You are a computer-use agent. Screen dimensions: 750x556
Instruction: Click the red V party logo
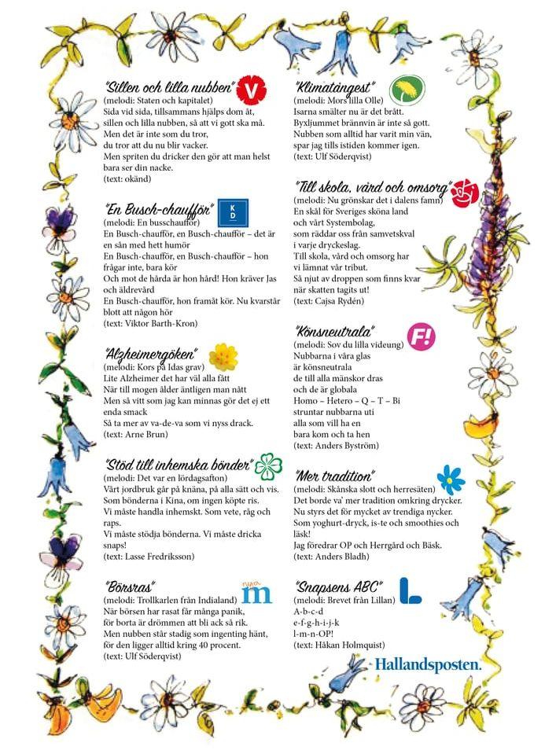click(250, 88)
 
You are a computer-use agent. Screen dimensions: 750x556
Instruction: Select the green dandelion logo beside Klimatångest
click(408, 89)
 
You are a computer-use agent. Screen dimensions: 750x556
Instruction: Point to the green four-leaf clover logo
click(270, 465)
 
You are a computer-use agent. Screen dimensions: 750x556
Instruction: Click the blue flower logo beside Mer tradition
click(451, 478)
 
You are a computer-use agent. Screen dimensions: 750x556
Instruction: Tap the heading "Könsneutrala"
click(334, 332)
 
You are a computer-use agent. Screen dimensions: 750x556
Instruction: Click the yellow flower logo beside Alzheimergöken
click(223, 356)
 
